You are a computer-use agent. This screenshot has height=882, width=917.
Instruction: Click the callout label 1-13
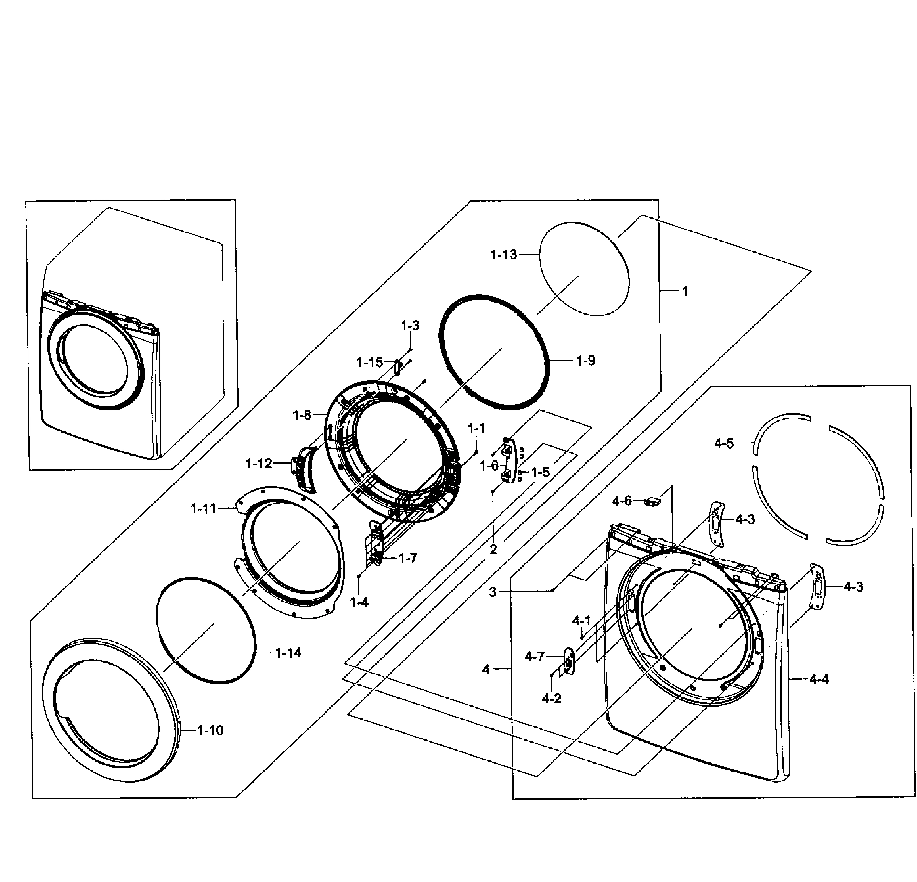pos(503,255)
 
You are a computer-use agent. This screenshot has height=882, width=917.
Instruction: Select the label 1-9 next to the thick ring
pos(585,361)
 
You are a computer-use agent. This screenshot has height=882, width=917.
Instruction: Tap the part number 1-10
pos(210,731)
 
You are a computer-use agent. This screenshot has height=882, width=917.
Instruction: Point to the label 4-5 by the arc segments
pos(724,443)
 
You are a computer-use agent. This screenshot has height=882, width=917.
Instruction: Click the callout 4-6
pos(622,501)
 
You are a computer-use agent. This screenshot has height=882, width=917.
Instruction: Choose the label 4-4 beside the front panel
pos(819,679)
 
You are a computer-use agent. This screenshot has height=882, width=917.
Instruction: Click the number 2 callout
pos(493,550)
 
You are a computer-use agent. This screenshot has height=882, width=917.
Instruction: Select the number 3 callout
pos(493,592)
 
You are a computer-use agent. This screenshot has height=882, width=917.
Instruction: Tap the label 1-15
pos(370,362)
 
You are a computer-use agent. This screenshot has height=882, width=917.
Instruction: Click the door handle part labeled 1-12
pos(305,468)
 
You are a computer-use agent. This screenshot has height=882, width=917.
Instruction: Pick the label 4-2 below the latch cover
pos(551,699)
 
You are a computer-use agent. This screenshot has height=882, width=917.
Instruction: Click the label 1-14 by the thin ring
pos(288,653)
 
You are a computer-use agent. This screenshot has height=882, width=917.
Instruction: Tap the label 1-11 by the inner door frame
pos(203,508)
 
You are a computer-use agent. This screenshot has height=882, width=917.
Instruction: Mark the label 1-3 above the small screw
pos(410,326)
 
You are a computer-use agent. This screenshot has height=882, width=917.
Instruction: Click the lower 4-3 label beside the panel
pos(854,587)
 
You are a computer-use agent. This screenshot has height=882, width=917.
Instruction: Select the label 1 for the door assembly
pos(685,291)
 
